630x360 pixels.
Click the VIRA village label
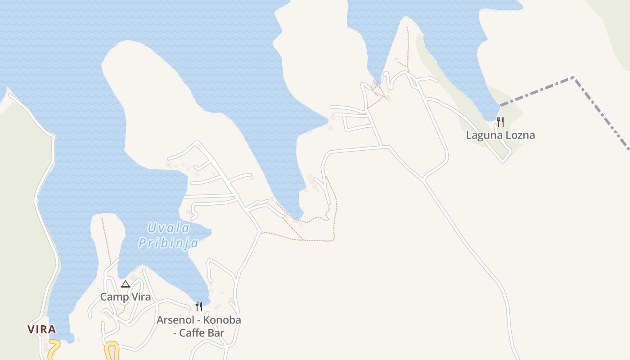42,329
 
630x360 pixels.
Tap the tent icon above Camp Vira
126,284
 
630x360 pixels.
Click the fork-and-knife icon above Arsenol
199,306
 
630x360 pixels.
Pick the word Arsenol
175,320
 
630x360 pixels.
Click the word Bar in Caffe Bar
217,333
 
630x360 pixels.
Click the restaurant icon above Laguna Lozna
500,121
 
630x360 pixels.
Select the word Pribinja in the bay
168,243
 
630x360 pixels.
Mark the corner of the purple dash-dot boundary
574,78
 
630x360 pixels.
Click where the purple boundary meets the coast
501,106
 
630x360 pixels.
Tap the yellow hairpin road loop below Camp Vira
112,350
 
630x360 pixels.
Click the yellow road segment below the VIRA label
53,349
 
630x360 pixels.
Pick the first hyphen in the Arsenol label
199,320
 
